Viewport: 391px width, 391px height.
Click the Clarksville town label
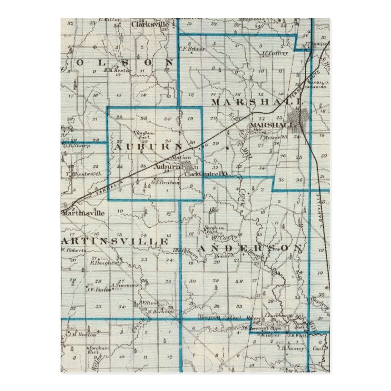149,24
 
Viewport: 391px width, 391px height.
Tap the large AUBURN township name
147,148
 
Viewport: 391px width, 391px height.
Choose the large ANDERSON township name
250,247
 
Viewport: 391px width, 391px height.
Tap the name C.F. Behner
192,48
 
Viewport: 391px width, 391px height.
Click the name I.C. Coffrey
275,53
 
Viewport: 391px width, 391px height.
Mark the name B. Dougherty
105,263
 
